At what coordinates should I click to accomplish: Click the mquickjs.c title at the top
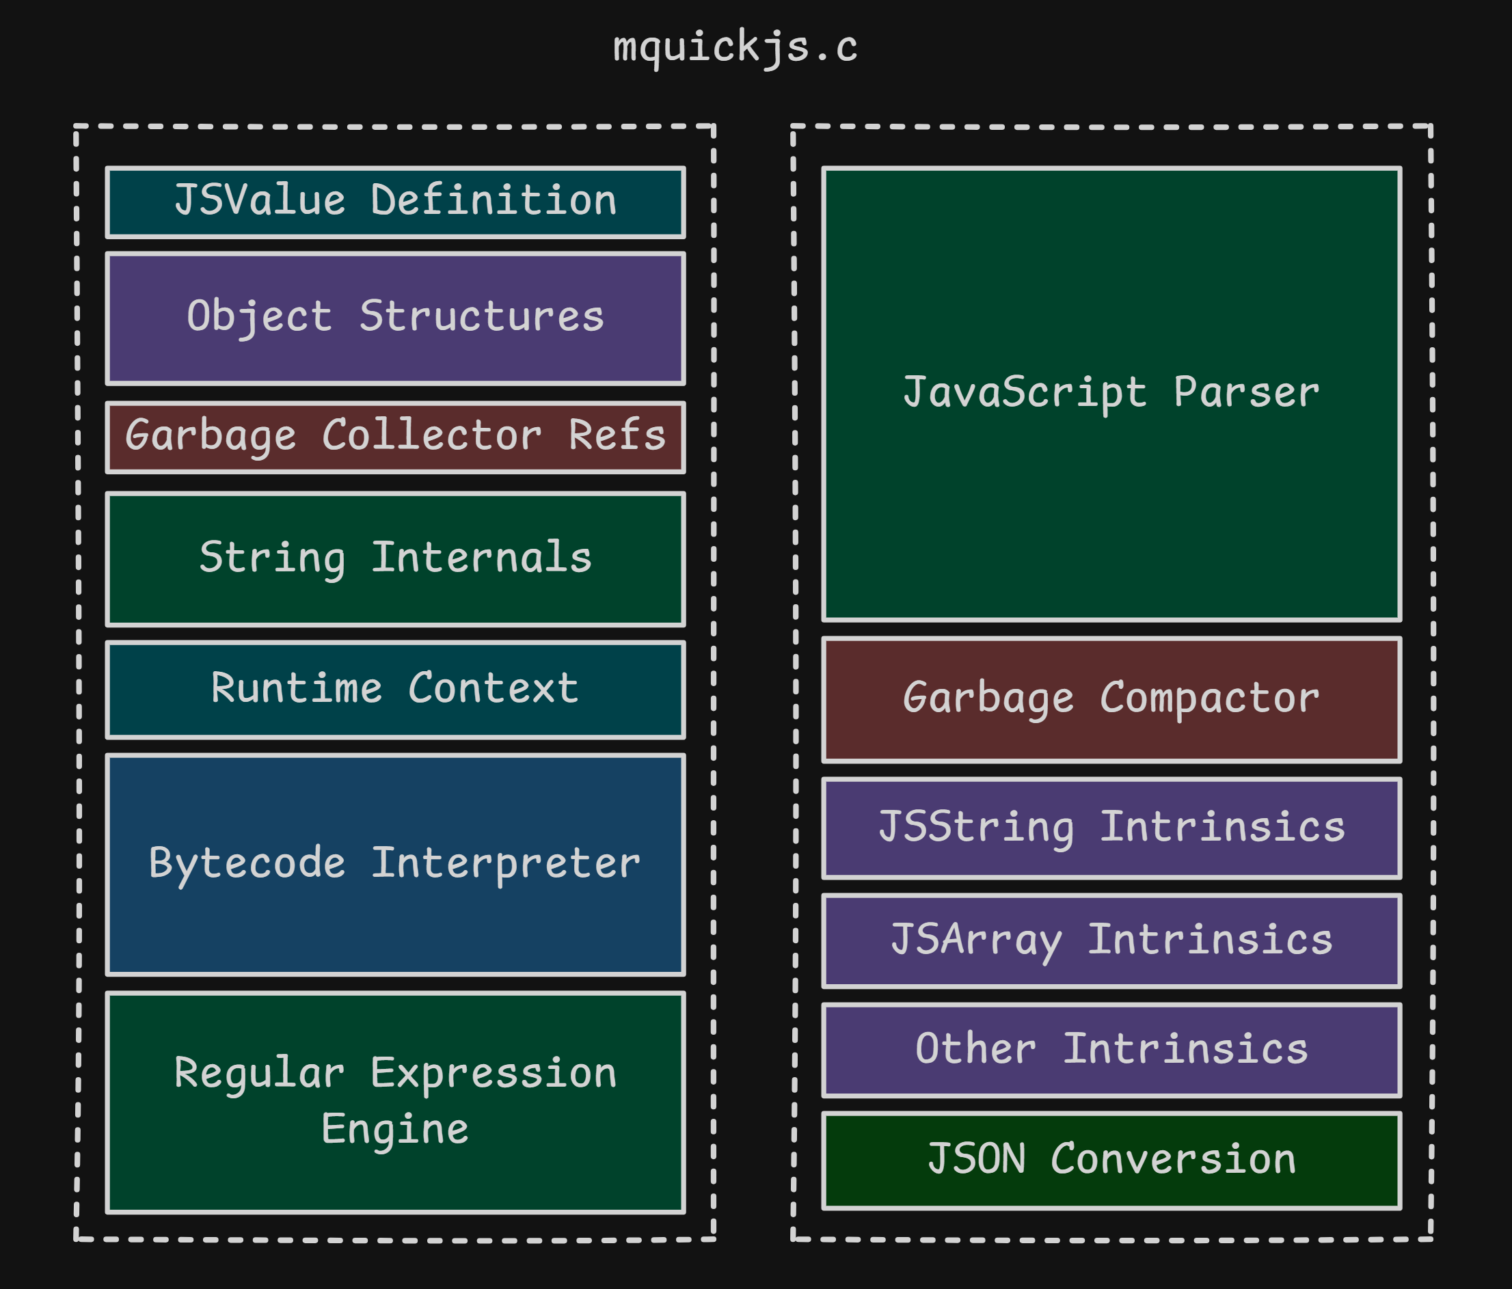click(735, 47)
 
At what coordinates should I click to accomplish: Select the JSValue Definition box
click(395, 202)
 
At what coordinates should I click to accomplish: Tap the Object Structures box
click(395, 318)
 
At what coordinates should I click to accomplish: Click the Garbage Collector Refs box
click(395, 437)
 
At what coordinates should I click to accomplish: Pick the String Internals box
click(395, 559)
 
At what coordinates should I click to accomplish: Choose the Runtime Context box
click(395, 689)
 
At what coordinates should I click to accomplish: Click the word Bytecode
click(247, 864)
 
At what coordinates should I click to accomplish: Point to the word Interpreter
click(505, 864)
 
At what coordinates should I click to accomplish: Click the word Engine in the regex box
click(395, 1130)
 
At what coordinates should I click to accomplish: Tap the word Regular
click(259, 1073)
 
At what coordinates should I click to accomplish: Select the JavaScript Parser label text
click(1111, 392)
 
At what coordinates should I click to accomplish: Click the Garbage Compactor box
click(1111, 700)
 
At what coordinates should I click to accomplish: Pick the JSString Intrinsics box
click(1111, 827)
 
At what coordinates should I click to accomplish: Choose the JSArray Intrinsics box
click(1111, 940)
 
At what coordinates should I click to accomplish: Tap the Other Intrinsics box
click(1111, 1049)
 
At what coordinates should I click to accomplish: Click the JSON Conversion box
click(1111, 1159)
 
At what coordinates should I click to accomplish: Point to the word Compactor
click(1209, 698)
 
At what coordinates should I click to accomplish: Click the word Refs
click(617, 435)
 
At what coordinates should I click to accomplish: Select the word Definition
click(494, 201)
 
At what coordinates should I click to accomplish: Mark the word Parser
click(1246, 392)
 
